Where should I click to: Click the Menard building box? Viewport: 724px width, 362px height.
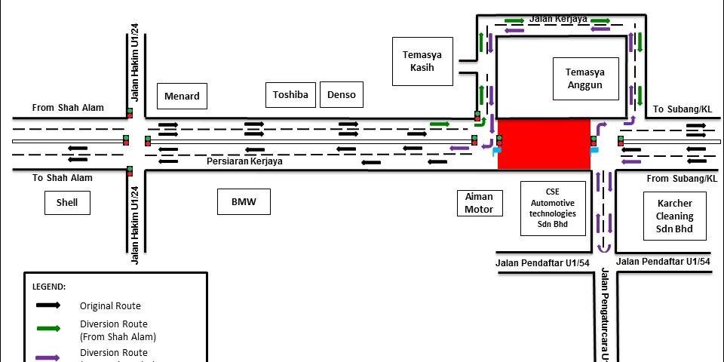pos(182,96)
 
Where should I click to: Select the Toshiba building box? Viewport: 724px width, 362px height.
pos(290,95)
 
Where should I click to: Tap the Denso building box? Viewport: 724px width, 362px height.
pos(342,95)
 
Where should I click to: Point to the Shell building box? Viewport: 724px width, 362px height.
pos(67,202)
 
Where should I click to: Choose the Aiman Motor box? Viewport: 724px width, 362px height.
pos(479,202)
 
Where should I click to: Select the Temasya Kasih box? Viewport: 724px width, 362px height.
pos(422,61)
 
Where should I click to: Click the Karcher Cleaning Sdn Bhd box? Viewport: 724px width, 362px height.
pos(674,216)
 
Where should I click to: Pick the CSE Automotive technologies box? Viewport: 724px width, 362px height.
pos(553,207)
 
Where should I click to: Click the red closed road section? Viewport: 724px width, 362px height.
pos(544,143)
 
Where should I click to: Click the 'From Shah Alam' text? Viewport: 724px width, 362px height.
pos(68,108)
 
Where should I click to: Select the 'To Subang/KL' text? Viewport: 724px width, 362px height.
pos(683,109)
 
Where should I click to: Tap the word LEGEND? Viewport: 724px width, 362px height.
pos(49,287)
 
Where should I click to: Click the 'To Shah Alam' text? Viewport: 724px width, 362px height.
pos(63,178)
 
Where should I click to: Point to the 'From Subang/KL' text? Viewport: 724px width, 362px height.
pos(683,179)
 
